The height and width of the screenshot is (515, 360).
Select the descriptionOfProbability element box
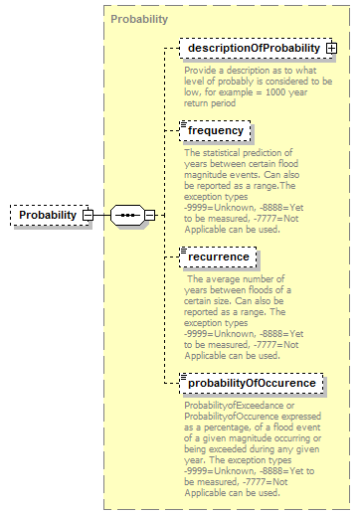251,48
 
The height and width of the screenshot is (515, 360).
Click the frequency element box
214,130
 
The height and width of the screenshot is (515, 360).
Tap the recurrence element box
217,257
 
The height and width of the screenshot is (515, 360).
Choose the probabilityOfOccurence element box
250,383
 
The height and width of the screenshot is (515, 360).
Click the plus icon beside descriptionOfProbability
331,48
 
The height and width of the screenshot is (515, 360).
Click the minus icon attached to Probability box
88,215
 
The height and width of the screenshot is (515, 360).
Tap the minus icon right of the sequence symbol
150,215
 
